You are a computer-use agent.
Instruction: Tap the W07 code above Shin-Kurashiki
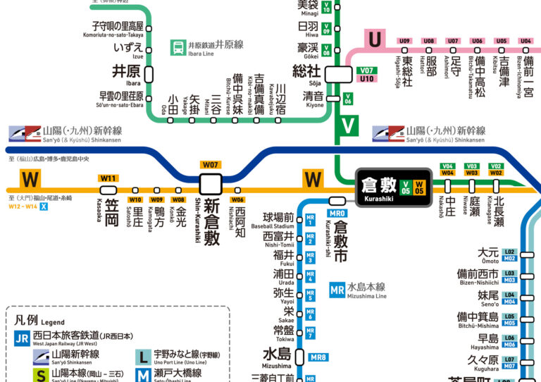tap(211, 165)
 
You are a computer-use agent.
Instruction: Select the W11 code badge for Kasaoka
tap(108, 178)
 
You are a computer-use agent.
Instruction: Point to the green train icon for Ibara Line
tap(177, 48)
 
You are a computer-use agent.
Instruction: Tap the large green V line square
tap(348, 126)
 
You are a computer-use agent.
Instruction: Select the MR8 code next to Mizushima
tap(318, 357)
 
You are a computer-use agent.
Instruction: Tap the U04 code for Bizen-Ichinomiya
tap(526, 41)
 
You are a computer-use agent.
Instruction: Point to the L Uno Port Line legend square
tap(143, 357)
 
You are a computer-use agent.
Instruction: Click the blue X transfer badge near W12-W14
tap(44, 207)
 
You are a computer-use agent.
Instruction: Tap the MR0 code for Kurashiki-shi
tap(337, 213)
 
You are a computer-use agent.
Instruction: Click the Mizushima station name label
tap(277, 353)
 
